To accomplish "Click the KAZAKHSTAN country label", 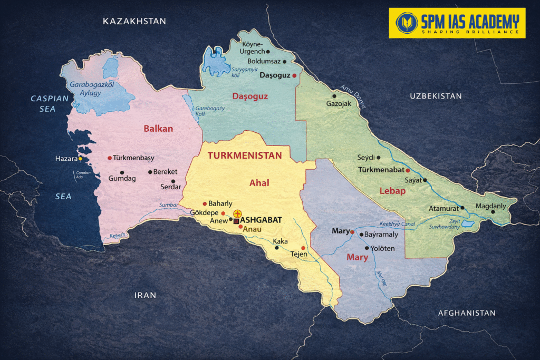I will point(134,21).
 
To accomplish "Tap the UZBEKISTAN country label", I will point(436,96).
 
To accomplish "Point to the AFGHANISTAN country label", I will point(467,313).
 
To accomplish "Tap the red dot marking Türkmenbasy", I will point(110,158).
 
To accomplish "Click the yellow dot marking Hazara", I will point(80,159).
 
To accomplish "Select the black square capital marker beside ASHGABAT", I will point(236,221).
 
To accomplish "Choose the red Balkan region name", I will point(158,129).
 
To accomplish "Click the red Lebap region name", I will point(392,191).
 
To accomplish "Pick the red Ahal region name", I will point(259,183).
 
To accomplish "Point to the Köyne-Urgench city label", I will point(252,47).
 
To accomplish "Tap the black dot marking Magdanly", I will point(493,212).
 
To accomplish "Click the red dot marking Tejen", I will point(303,248).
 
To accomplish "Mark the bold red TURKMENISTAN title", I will point(245,156).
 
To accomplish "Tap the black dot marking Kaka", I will point(277,247).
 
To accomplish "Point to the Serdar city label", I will point(171,187).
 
